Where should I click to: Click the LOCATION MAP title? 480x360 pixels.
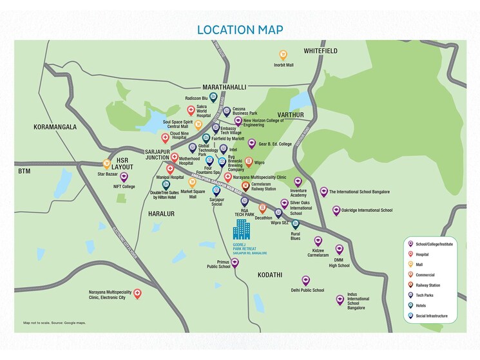pos(240,30)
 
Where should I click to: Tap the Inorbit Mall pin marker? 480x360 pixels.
pos(282,55)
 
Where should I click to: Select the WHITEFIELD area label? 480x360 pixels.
pos(322,50)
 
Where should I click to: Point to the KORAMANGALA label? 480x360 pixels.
pos(55,127)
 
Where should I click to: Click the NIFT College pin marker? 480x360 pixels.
pos(124,177)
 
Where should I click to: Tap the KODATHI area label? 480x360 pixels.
pos(269,275)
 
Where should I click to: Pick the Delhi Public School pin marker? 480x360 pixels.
pos(305,280)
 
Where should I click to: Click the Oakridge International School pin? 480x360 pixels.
pos(336,210)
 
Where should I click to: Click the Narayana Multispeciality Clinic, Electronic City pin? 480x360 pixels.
pos(137,294)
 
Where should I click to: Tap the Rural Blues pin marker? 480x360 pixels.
pos(295,224)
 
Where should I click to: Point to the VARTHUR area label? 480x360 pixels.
pos(290,115)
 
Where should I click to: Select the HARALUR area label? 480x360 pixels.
pos(161,213)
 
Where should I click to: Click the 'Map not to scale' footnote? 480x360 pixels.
pos(54,323)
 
